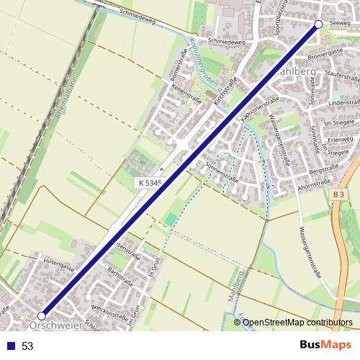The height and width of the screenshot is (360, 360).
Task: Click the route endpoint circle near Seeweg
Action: pyautogui.click(x=319, y=24)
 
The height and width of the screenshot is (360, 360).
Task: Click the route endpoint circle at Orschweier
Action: pyautogui.click(x=42, y=315)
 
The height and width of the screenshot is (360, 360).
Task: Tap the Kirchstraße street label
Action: pyautogui.click(x=227, y=94)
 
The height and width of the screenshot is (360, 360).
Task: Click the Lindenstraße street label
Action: pyautogui.click(x=343, y=104)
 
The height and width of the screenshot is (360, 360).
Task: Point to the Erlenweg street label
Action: pyautogui.click(x=337, y=141)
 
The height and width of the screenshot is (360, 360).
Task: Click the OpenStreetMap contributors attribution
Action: pyautogui.click(x=297, y=323)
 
